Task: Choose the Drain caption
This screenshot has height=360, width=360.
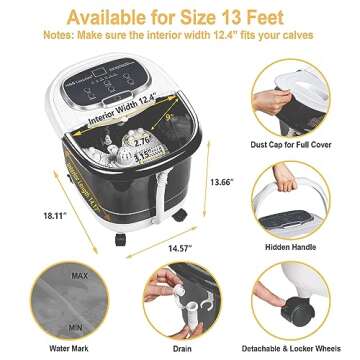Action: [181, 350]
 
